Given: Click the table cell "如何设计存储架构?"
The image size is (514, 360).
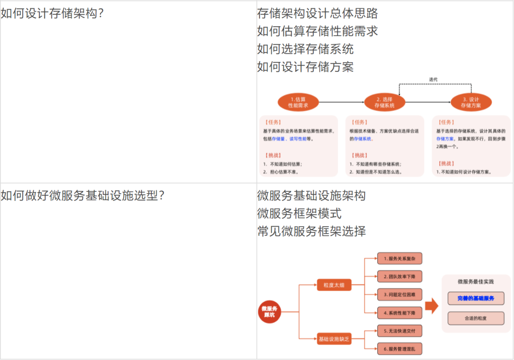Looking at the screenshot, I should tap(52, 13).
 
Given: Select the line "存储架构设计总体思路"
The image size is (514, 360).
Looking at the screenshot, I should tap(317, 13).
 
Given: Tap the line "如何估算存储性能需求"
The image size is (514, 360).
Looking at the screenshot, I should tap(317, 31).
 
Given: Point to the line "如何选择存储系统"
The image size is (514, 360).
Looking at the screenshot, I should tap(306, 49).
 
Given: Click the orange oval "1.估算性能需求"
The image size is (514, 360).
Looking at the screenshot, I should tap(298, 102).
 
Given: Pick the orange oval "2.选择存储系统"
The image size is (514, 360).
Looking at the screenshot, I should tap(385, 102).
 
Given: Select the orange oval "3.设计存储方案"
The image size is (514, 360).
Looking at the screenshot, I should tap(471, 102).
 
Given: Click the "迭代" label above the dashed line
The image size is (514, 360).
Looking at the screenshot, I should tap(433, 80).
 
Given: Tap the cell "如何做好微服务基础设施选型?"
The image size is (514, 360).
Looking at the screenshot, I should tap(83, 195).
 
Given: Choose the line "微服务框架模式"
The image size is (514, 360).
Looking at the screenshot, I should tap(299, 213).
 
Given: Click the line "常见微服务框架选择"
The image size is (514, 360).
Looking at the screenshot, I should tap(312, 231).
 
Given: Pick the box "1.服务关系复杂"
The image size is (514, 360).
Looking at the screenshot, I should tap(400, 259).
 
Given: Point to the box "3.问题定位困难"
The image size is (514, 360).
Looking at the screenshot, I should tap(400, 295).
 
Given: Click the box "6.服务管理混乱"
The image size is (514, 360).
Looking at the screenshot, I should tap(400, 349).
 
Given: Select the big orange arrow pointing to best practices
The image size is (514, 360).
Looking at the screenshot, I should tap(431, 306).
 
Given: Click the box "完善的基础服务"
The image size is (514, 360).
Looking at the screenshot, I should tap(476, 298).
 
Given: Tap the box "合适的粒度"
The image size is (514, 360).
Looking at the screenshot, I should tap(476, 318).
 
